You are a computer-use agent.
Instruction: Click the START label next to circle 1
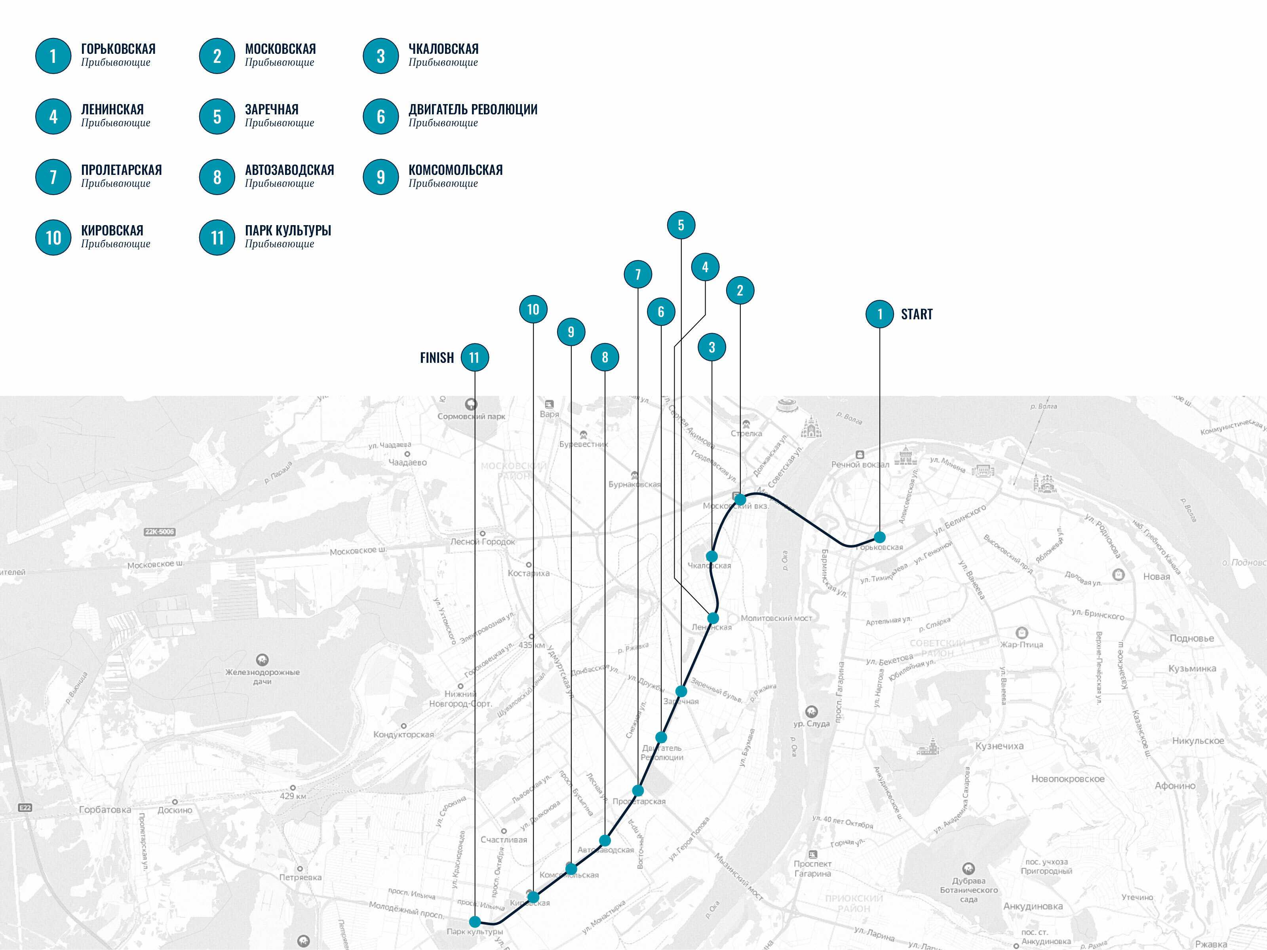917,314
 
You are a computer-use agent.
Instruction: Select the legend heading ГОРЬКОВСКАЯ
118,49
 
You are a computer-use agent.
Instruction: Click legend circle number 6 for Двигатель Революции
380,117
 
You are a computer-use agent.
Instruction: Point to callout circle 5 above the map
681,225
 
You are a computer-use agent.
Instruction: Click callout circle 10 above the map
533,309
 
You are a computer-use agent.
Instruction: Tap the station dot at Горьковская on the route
879,537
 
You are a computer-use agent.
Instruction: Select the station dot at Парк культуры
475,922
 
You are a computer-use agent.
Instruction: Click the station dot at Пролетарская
637,790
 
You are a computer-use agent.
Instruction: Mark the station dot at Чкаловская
711,556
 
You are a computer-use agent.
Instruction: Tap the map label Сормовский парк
471,416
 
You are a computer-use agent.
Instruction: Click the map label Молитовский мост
776,618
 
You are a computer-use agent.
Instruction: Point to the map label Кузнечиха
999,746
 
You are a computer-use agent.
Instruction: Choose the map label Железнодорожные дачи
263,677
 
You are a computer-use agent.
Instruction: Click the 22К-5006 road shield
159,532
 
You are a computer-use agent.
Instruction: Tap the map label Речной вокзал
860,464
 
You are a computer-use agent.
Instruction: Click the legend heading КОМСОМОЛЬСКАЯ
455,170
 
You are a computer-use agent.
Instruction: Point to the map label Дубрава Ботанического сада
968,890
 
